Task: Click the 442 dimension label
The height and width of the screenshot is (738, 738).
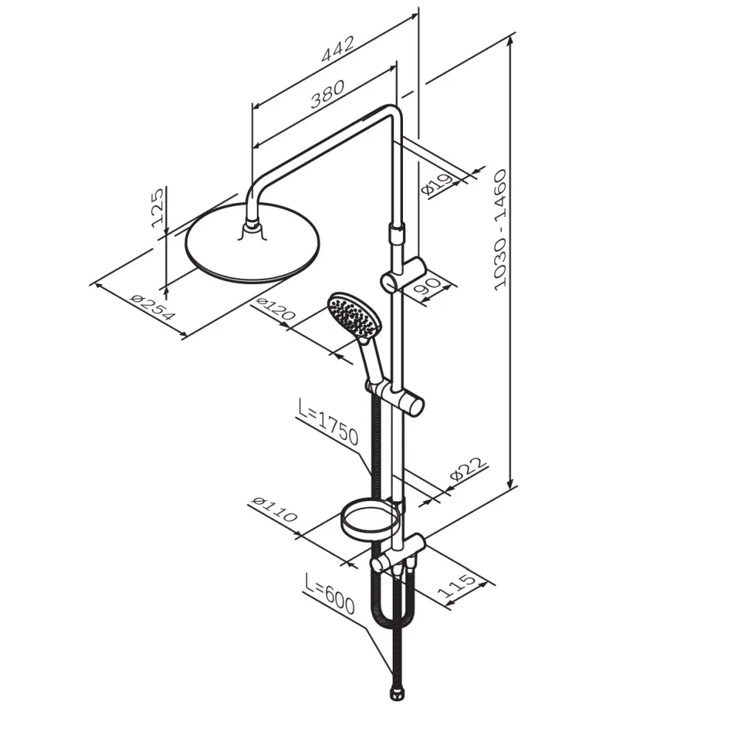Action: pos(337,49)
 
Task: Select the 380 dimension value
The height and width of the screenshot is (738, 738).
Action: pos(328,95)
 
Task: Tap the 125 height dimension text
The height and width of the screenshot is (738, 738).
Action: pos(158,207)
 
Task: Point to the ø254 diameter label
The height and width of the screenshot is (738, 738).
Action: pos(152,306)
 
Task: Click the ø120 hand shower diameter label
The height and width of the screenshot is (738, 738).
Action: pos(274,309)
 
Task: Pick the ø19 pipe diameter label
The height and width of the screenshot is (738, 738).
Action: pos(437,184)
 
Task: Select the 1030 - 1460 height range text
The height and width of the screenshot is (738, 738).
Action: pos(500,230)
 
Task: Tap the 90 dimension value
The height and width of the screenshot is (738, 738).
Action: pos(427,287)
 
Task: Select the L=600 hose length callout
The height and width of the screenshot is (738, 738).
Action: pos(329,594)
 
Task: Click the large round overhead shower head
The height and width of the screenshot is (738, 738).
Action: pos(252,244)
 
